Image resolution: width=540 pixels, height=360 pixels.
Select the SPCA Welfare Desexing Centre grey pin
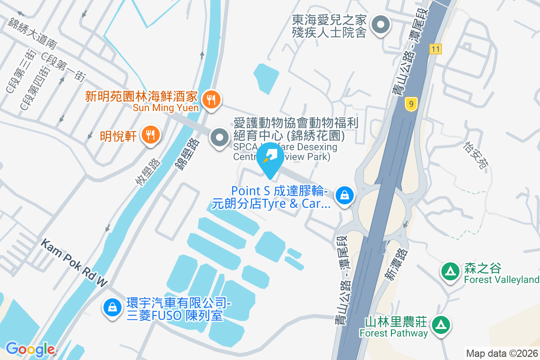point(220,138)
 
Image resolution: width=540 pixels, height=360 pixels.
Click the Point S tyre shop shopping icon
point(344,195)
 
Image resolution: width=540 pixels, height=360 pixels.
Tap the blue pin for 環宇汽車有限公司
point(111,308)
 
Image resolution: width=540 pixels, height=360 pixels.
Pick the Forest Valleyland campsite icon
point(450,271)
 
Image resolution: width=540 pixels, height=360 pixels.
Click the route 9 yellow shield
point(410,104)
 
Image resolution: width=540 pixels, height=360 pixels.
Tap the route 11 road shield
point(435,49)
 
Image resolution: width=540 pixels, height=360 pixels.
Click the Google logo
point(30,349)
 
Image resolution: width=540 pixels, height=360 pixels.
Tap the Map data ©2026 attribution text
point(502,354)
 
